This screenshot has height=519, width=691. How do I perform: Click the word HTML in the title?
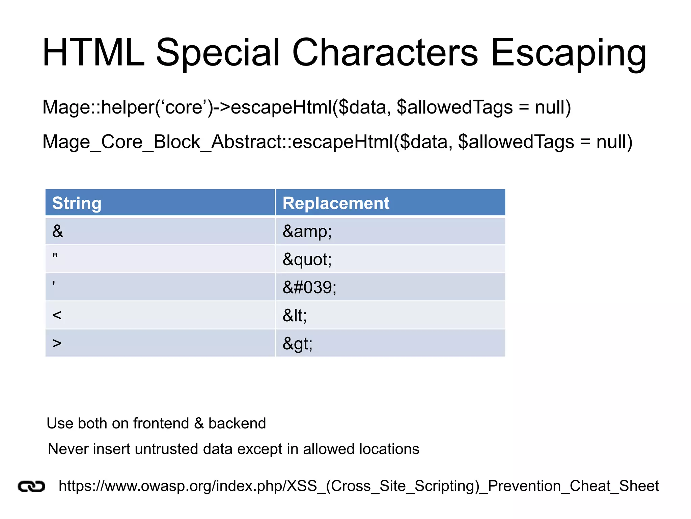tap(93, 53)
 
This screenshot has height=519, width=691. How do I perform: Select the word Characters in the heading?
tap(385, 53)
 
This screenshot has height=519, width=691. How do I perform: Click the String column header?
tap(77, 203)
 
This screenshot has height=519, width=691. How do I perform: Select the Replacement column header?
tap(336, 203)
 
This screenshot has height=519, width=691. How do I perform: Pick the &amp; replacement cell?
tap(307, 231)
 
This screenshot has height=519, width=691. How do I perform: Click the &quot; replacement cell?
tap(307, 259)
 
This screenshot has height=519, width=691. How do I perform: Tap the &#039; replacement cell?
tap(309, 288)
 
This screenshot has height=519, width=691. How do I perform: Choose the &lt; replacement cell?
tap(295, 316)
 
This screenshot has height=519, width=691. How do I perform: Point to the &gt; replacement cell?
tap(297, 344)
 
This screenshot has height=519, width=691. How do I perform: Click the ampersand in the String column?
tap(58, 231)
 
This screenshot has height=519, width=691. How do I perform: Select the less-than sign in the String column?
tap(57, 315)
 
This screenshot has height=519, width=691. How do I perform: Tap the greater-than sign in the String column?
tap(57, 343)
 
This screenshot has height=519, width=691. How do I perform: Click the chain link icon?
tap(31, 487)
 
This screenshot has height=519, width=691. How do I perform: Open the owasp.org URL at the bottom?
tap(359, 486)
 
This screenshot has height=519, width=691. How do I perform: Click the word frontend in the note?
tap(161, 423)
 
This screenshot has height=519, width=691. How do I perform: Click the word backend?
tap(237, 423)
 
